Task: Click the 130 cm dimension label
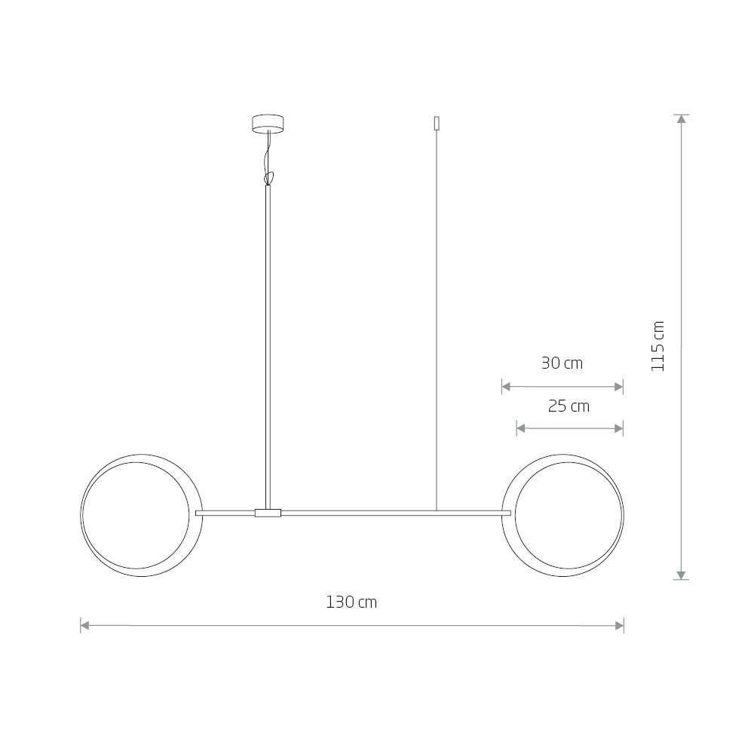point(351,602)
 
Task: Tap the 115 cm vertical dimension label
point(657,346)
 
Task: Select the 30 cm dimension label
point(562,363)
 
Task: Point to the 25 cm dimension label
point(569,406)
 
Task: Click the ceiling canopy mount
point(268,123)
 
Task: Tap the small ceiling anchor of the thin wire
point(437,124)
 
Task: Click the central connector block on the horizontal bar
point(268,513)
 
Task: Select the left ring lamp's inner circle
point(136,462)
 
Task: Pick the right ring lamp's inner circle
point(569,462)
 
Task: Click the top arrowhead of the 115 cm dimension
point(681,119)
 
